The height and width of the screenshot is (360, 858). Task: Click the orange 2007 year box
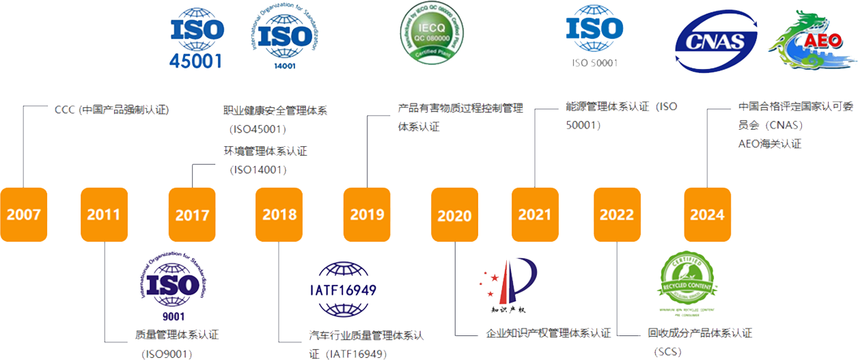pos(23,214)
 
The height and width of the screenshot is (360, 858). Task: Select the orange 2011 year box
pos(104,214)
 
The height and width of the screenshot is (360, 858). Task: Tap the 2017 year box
pos(192,215)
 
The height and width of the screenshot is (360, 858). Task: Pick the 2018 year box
pos(279,214)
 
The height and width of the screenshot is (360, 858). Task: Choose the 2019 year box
pos(367,214)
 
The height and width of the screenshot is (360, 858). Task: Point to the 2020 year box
pos(454,215)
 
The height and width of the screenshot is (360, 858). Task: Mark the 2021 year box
pos(535,214)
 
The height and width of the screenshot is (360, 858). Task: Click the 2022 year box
pos(617,214)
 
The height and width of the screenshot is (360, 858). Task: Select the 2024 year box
pos(707,214)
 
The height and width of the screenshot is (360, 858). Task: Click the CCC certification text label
pos(111,109)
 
